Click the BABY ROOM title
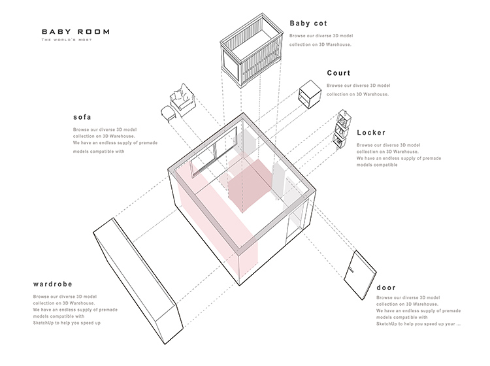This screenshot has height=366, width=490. pyautogui.click(x=76, y=31)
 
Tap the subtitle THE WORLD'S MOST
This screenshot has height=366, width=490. pyautogui.click(x=67, y=40)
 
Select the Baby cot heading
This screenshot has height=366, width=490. pyautogui.click(x=308, y=23)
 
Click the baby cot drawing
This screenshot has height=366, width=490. pyautogui.click(x=252, y=50)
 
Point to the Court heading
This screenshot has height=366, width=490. pyautogui.click(x=338, y=73)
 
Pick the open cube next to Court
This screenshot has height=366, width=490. pyautogui.click(x=310, y=94)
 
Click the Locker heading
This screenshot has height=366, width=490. pyautogui.click(x=371, y=133)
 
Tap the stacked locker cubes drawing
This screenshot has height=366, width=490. pyautogui.click(x=342, y=129)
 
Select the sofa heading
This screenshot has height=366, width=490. pyautogui.click(x=82, y=117)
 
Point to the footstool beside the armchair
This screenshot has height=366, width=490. pyautogui.click(x=169, y=113)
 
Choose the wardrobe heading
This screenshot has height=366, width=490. pyautogui.click(x=52, y=284)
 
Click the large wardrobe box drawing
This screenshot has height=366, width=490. pyautogui.click(x=138, y=281)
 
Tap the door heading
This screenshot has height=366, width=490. pyautogui.click(x=386, y=288)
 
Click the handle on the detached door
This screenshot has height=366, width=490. pyautogui.click(x=351, y=270)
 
